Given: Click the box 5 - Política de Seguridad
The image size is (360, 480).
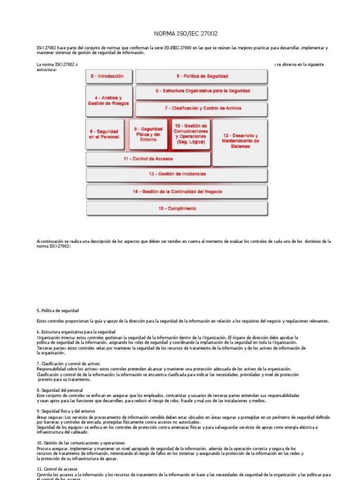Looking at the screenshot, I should point(202,76).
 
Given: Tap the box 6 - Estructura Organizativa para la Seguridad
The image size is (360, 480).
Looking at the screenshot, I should point(202,91).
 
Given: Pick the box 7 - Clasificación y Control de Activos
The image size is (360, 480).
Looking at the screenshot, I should point(202,108).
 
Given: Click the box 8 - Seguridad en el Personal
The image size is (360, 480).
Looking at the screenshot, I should point(104,134).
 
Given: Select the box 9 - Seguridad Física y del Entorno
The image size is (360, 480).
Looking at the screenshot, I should point(148,134).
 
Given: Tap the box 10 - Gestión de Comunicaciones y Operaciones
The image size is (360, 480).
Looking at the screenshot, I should point(191,134).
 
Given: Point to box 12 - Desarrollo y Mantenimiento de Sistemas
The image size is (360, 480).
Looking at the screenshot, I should point(240,141).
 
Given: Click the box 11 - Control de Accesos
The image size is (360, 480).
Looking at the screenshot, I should point(148,159).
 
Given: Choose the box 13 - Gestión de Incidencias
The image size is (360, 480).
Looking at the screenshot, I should point(177,174).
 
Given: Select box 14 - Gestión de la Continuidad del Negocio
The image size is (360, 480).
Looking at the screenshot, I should point(177,191).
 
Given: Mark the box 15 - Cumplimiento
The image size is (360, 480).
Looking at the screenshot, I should point(177,208).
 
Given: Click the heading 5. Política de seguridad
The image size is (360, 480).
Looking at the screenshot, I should point(58,311).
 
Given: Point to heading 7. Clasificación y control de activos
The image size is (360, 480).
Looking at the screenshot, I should point(68,364).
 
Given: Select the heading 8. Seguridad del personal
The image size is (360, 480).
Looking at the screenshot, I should point(60,390).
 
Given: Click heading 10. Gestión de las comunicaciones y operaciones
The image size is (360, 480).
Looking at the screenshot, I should point(81,442).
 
